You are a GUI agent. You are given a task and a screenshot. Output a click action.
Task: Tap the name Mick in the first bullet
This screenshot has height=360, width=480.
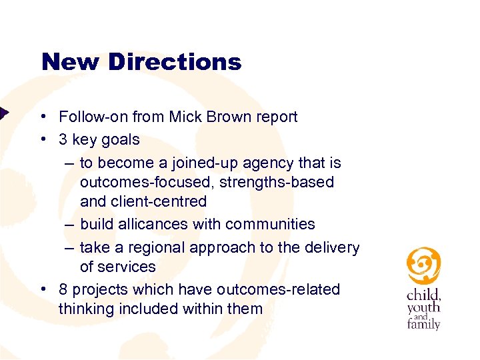[186, 117]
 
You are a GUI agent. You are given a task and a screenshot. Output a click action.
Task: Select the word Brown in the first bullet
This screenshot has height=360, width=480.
[227, 117]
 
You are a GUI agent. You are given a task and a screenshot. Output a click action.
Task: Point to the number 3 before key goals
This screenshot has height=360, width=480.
[63, 139]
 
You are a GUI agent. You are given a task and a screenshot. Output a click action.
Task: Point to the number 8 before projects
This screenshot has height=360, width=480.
[63, 289]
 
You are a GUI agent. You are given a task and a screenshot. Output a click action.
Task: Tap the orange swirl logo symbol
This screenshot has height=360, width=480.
[423, 266]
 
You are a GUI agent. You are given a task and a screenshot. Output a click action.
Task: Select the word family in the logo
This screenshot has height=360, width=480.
[423, 325]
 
